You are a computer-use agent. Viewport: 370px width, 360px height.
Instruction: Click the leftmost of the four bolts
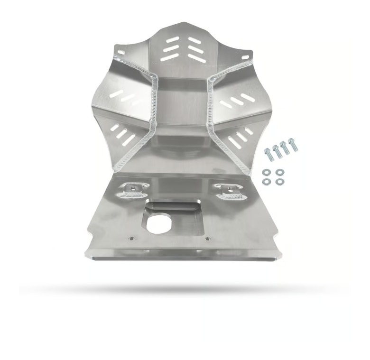click(x=268, y=153)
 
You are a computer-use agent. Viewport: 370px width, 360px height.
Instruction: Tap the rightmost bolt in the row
click(x=294, y=144)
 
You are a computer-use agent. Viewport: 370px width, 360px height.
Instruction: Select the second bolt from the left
click(x=277, y=150)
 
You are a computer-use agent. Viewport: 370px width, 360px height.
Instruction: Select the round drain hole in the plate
click(x=159, y=223)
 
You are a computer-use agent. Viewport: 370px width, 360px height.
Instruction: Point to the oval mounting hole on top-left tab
click(x=120, y=52)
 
